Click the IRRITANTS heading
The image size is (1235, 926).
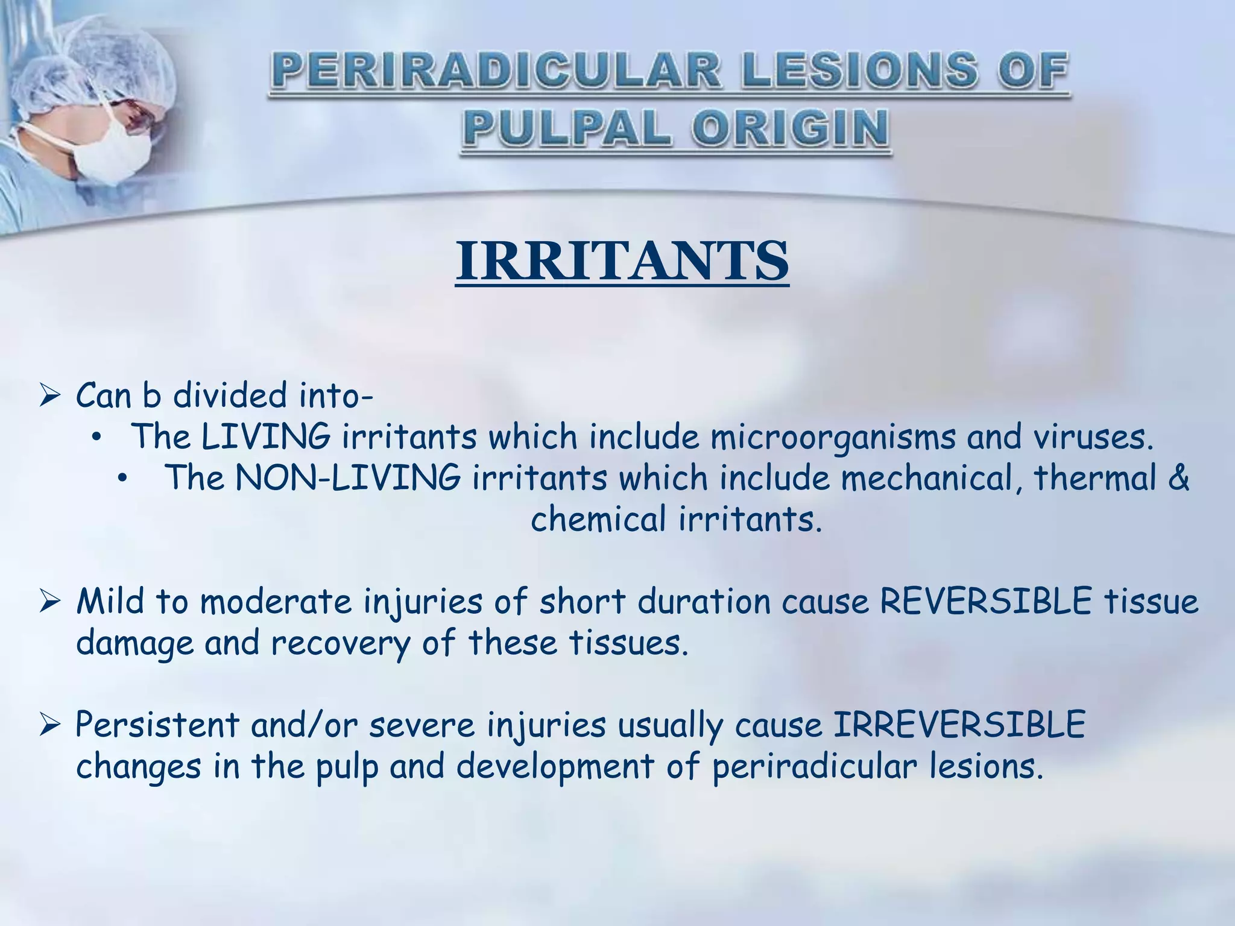click(x=622, y=261)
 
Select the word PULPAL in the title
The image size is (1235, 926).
click(x=567, y=129)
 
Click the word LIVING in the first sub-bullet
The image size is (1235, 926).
click(x=265, y=436)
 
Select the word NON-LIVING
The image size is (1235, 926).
click(x=347, y=478)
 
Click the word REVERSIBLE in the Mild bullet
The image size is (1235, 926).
click(x=985, y=601)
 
